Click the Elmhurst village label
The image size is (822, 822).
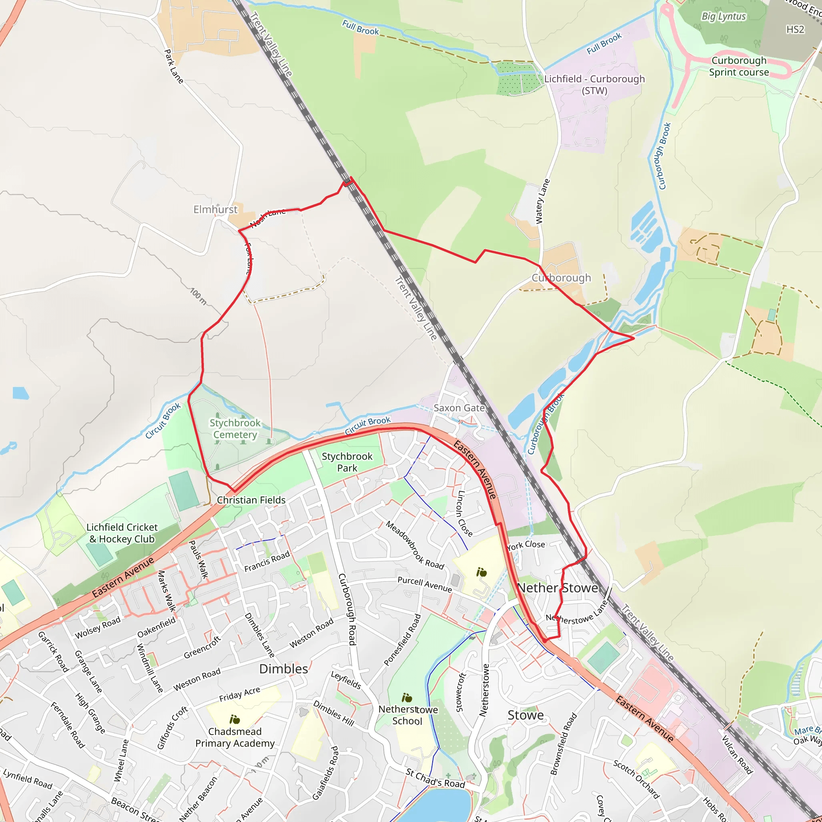(x=215, y=210)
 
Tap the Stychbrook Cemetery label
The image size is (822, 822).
(x=235, y=429)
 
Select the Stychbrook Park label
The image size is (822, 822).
(x=347, y=462)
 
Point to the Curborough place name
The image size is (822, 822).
(x=561, y=278)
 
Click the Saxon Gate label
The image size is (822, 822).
(x=459, y=408)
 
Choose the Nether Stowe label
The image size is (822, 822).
(x=558, y=588)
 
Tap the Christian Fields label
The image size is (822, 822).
(x=251, y=500)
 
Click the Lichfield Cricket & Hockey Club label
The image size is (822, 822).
(x=122, y=533)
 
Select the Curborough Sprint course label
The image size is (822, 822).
(x=739, y=66)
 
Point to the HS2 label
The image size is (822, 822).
(x=795, y=29)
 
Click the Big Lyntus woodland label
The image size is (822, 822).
(x=723, y=16)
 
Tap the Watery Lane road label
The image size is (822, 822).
(x=543, y=201)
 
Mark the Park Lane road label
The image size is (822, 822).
(x=173, y=66)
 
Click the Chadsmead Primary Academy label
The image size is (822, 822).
(x=235, y=737)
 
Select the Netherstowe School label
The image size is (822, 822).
(x=408, y=715)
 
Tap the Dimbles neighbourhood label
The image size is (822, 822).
(x=283, y=669)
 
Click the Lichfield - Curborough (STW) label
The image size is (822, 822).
(x=594, y=85)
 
